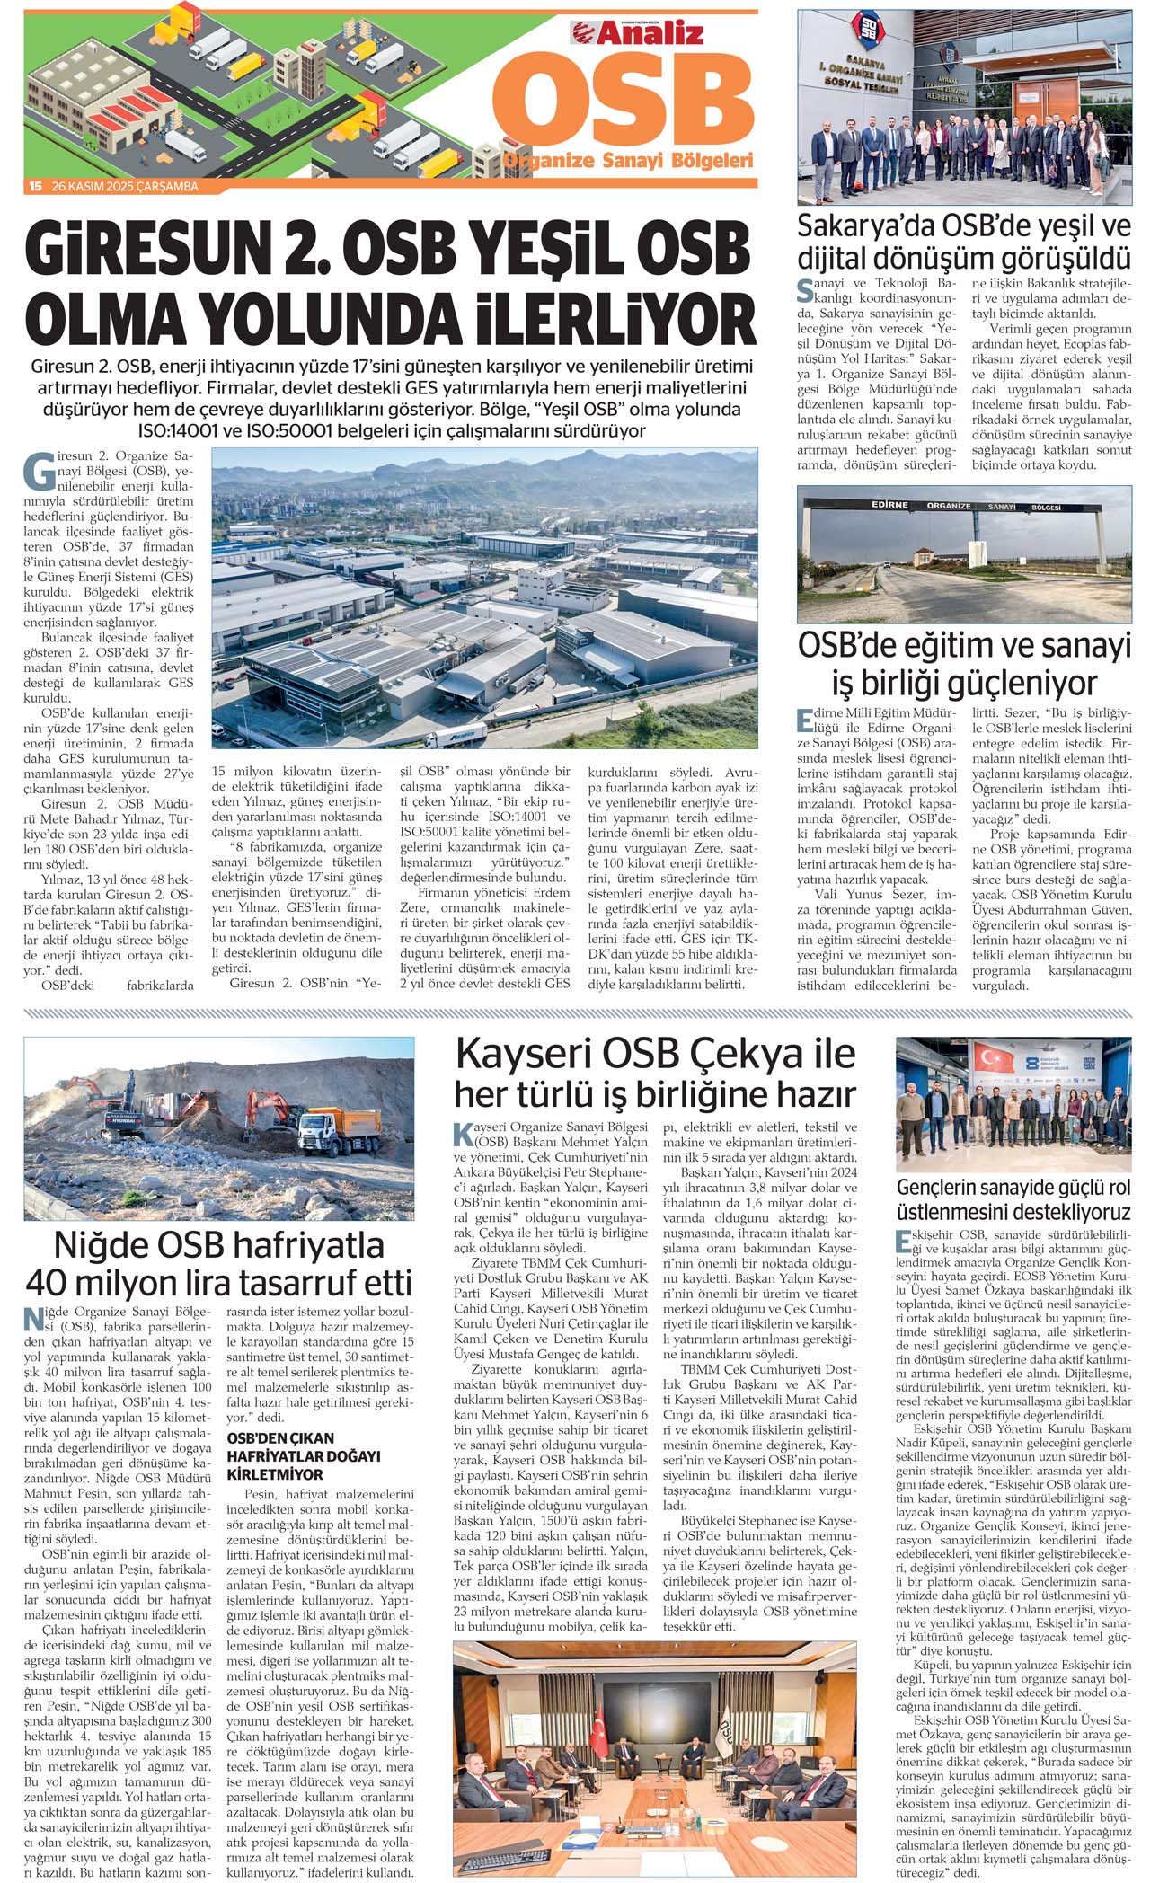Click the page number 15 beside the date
coord(35,187)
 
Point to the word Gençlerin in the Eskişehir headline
coord(947,1187)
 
